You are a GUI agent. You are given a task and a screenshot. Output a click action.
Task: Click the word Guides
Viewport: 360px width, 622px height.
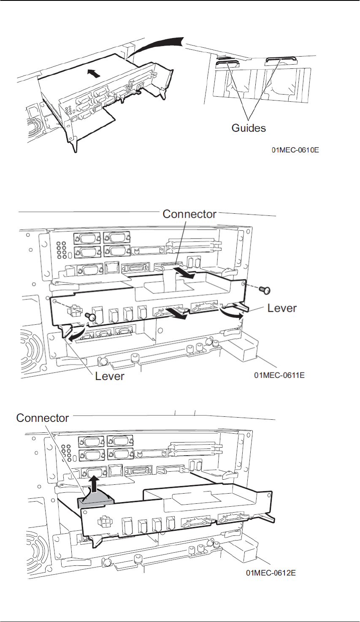tap(249, 128)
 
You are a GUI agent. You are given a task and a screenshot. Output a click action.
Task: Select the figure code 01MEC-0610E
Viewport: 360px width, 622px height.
tap(295, 149)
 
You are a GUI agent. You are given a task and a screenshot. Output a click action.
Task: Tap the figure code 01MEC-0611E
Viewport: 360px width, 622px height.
tap(279, 375)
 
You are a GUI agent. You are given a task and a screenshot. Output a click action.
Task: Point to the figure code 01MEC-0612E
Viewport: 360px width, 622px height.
tap(271, 573)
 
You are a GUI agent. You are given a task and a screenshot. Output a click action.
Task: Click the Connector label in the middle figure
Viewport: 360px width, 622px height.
tap(189, 214)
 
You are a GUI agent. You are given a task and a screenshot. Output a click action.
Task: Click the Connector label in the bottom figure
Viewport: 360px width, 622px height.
tap(42, 418)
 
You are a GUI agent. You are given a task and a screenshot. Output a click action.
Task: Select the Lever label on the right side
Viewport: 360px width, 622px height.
tap(282, 308)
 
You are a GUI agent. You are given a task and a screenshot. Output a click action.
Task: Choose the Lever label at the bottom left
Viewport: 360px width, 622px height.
tap(110, 376)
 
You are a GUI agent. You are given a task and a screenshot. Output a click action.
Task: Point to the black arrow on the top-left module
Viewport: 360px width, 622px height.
tap(95, 73)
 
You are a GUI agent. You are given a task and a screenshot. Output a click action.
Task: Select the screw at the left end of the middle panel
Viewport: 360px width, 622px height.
tap(89, 315)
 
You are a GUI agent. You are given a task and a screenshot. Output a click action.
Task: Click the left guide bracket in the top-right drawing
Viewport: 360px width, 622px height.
tap(228, 64)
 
